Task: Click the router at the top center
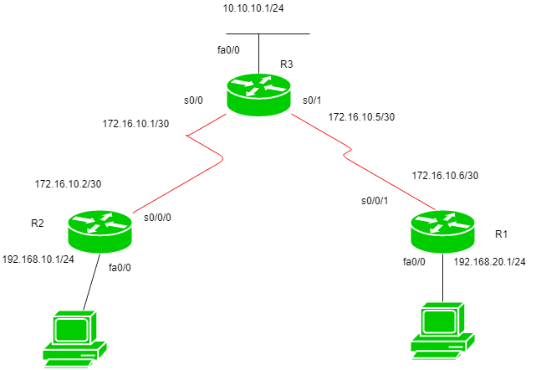(258, 94)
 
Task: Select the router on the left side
(100, 231)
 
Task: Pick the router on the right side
(442, 231)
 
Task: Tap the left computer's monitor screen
(71, 330)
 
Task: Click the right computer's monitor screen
(439, 321)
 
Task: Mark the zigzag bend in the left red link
(205, 146)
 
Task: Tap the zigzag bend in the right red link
(347, 152)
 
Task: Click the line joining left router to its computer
(91, 282)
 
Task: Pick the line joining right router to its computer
(442, 277)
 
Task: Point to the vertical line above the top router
(258, 53)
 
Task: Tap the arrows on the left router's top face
(100, 222)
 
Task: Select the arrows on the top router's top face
(258, 85)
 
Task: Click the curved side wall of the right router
(442, 243)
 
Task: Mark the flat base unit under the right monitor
(442, 343)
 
